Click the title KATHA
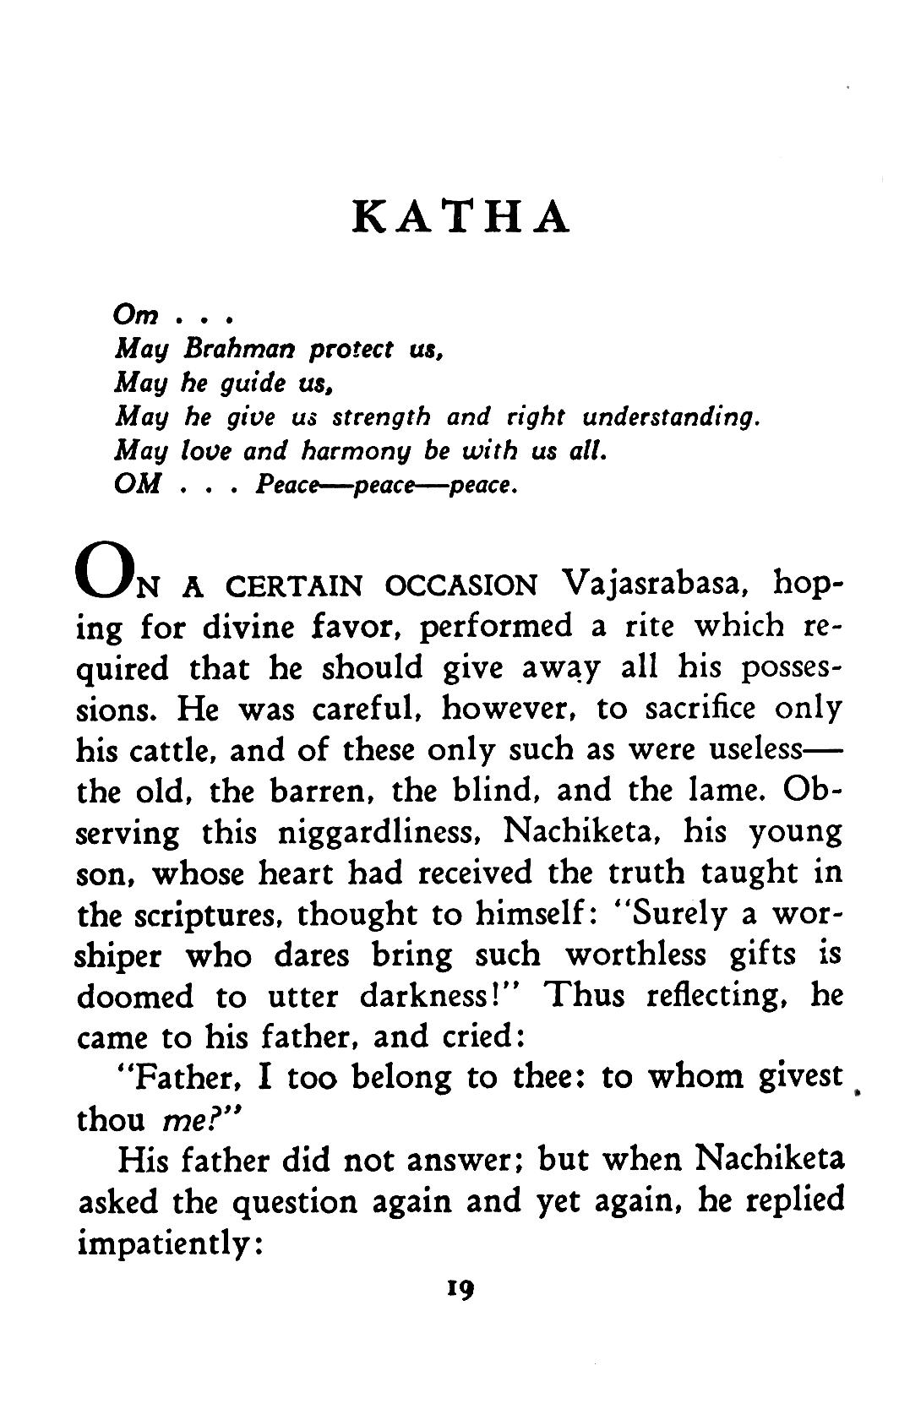pyautogui.click(x=460, y=217)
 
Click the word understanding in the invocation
pyautogui.click(x=668, y=417)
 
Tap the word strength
pyautogui.click(x=381, y=417)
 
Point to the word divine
pyautogui.click(x=248, y=628)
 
